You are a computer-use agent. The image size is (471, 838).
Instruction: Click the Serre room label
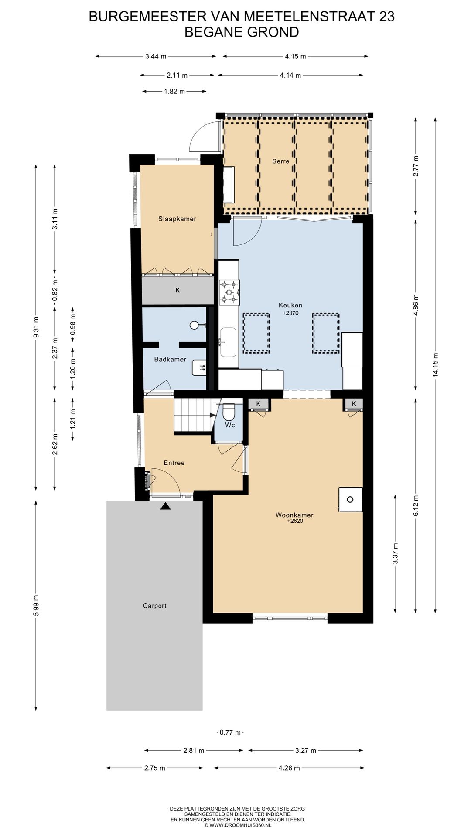tap(280, 161)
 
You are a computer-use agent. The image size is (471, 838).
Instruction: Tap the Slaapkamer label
tap(177, 219)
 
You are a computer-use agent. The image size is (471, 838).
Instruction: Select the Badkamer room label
tap(170, 359)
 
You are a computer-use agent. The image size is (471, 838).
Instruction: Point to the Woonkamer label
tap(294, 515)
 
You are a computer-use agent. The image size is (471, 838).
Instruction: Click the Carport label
tap(155, 605)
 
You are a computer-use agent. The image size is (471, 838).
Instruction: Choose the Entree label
tap(174, 463)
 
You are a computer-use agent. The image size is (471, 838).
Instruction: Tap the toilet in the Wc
tap(229, 412)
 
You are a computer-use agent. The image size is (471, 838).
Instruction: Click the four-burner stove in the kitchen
tap(229, 292)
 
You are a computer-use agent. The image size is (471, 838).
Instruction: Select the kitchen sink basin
tap(228, 342)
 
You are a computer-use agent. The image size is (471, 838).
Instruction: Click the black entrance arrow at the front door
tap(165, 506)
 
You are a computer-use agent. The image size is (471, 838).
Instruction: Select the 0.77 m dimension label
tap(230, 732)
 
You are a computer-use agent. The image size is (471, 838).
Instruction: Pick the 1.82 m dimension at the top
tap(174, 91)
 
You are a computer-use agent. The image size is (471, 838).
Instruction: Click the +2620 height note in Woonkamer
tap(295, 521)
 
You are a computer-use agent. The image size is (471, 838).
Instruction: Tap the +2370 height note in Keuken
tap(290, 313)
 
